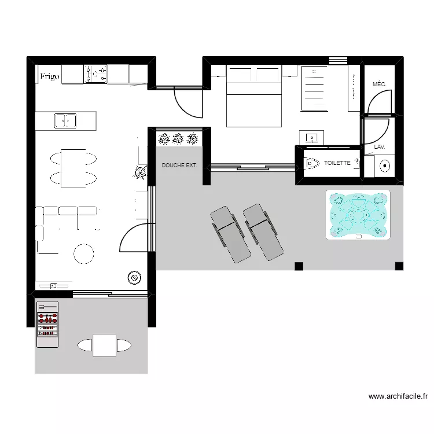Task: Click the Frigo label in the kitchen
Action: coord(49,76)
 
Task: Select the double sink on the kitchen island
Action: coord(65,121)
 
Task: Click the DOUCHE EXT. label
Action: coord(179,165)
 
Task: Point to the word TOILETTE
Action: coord(337,163)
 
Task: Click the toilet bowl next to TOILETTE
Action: coord(311,164)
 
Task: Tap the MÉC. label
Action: coord(380,84)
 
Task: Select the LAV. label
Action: coord(380,147)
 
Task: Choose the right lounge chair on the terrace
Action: coord(263,231)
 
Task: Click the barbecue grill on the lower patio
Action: coord(48,324)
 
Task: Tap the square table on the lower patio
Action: coord(105,345)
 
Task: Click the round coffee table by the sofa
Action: coord(83,253)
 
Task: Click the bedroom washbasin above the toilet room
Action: coord(312,138)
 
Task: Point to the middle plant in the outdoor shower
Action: coord(178,138)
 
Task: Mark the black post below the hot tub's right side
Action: coord(399,266)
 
